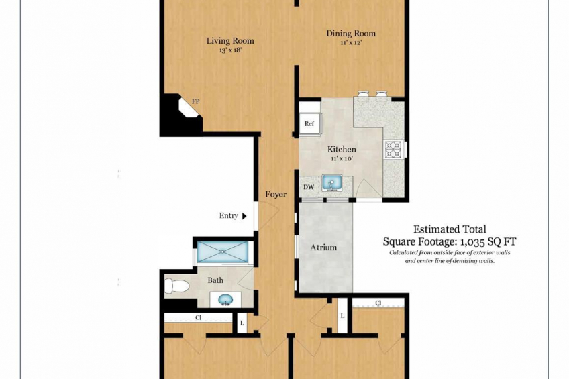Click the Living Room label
[x=230, y=41]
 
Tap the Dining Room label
[x=351, y=34]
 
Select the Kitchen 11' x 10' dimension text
[x=342, y=158]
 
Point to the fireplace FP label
[x=196, y=101]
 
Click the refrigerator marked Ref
[x=309, y=123]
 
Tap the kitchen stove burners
[x=394, y=149]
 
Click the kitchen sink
[x=331, y=183]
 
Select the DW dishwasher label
[x=309, y=188]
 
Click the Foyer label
[x=276, y=195]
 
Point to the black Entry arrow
[x=244, y=216]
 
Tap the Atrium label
[x=323, y=248]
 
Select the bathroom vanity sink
[x=225, y=300]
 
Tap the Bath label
[x=215, y=280]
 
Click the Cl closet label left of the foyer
[x=198, y=318]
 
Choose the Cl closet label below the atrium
[x=378, y=303]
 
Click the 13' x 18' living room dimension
[x=230, y=50]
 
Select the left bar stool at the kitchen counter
[x=363, y=93]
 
